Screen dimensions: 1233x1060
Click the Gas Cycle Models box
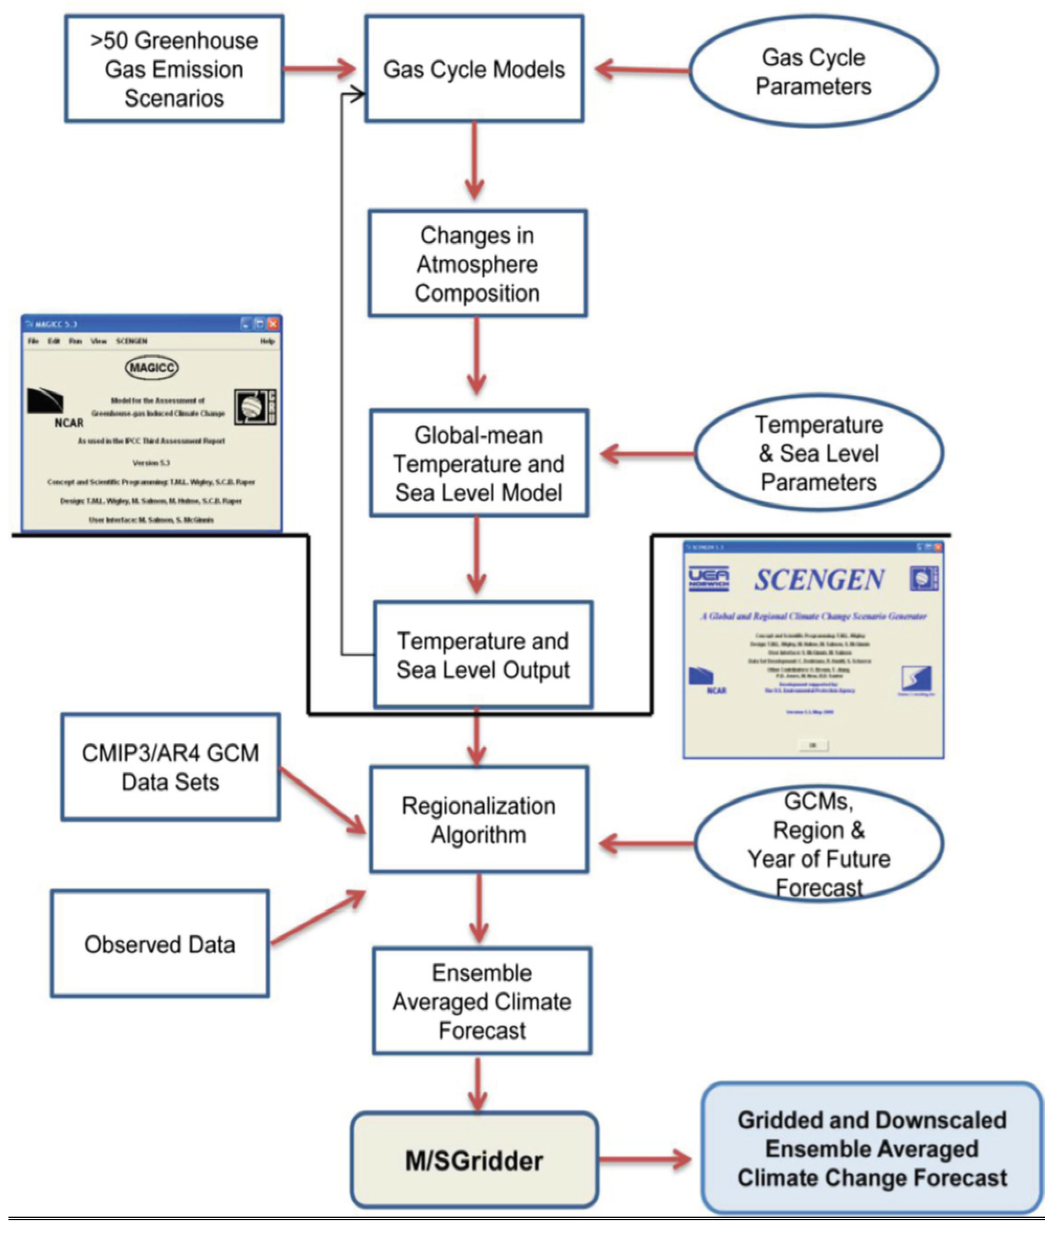click(x=474, y=69)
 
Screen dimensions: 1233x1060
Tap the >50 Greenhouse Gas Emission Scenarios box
click(x=174, y=69)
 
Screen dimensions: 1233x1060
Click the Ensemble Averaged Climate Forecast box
click(x=482, y=1002)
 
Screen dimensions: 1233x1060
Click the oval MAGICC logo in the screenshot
click(x=152, y=368)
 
